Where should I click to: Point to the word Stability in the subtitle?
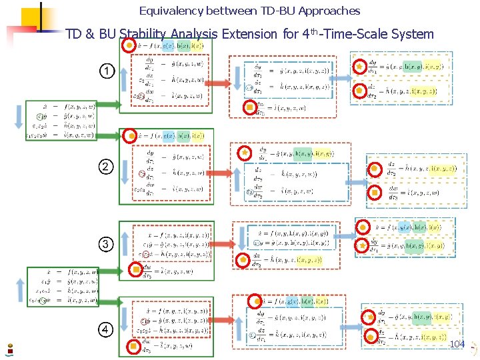pyautogui.click(x=143, y=34)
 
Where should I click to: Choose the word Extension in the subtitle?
pyautogui.click(x=247, y=34)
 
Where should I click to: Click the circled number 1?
pyautogui.click(x=106, y=71)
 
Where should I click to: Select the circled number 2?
pyautogui.click(x=106, y=165)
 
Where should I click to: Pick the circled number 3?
pyautogui.click(x=106, y=244)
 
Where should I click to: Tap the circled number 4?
pyautogui.click(x=106, y=329)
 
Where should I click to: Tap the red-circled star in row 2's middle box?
pyautogui.click(x=245, y=153)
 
